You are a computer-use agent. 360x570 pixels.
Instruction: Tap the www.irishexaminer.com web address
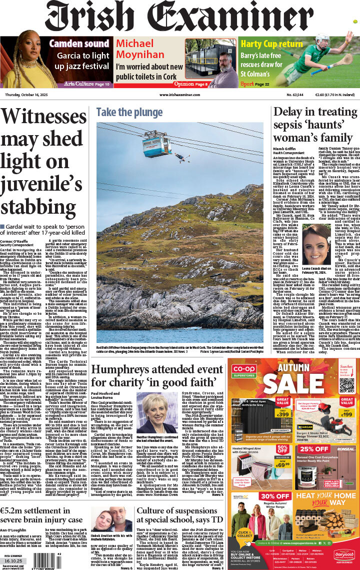180,95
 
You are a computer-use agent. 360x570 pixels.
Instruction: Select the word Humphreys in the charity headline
141,356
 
